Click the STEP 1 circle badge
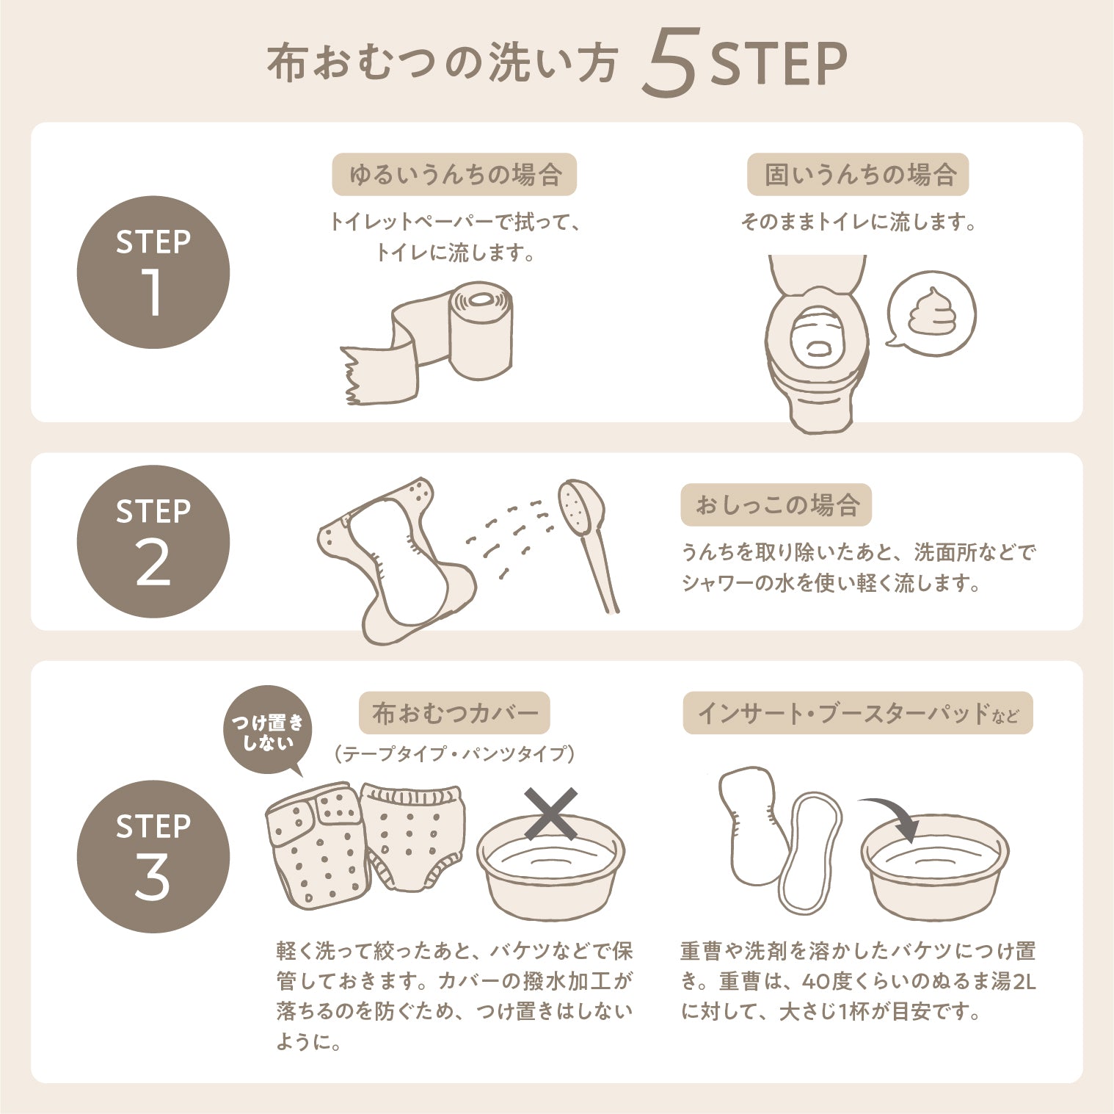coord(153,272)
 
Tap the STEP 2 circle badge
coord(153,542)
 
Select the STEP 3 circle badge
coord(153,856)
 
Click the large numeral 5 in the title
coord(669,64)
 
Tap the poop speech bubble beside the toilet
coord(931,313)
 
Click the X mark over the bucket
coord(551,814)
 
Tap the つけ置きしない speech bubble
coord(267,731)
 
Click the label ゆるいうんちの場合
coord(454,175)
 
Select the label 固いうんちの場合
coord(858,175)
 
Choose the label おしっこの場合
coord(776,505)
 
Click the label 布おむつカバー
coord(454,713)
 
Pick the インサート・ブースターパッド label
coord(858,713)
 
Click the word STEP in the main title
coord(779,65)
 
